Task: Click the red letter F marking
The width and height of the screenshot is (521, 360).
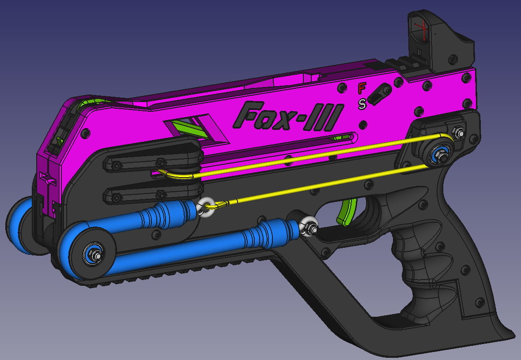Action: coord(362,88)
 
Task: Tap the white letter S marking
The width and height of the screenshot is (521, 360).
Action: coord(362,104)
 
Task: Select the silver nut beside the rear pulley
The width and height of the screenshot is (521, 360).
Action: coord(459,131)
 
